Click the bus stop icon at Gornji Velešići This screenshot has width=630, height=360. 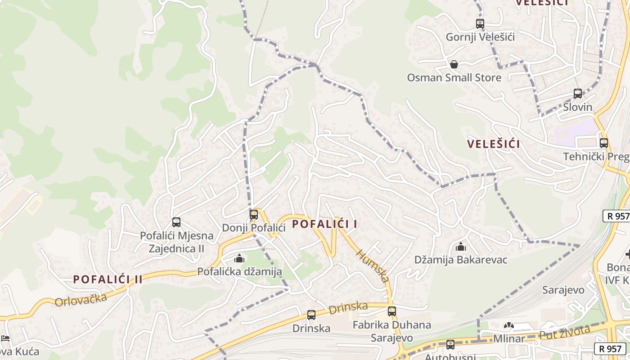480,24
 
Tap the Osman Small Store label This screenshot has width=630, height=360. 454,78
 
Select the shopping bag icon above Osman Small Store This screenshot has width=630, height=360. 454,64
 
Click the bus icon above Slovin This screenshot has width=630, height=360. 578,94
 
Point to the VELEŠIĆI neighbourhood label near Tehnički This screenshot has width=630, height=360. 493,144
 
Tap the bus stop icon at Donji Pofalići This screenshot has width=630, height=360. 254,214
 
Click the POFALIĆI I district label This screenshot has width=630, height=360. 325,224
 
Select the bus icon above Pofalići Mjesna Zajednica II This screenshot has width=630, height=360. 176,222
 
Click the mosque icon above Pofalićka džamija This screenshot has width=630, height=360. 239,258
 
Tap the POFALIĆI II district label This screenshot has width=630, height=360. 108,279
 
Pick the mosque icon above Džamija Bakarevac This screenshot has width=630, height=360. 460,247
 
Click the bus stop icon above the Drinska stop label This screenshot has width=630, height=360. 311,315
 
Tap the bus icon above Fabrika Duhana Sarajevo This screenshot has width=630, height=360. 392,311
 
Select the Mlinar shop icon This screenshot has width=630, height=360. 509,326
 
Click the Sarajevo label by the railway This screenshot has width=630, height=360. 562,289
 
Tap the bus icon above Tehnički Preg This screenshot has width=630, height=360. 604,143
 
